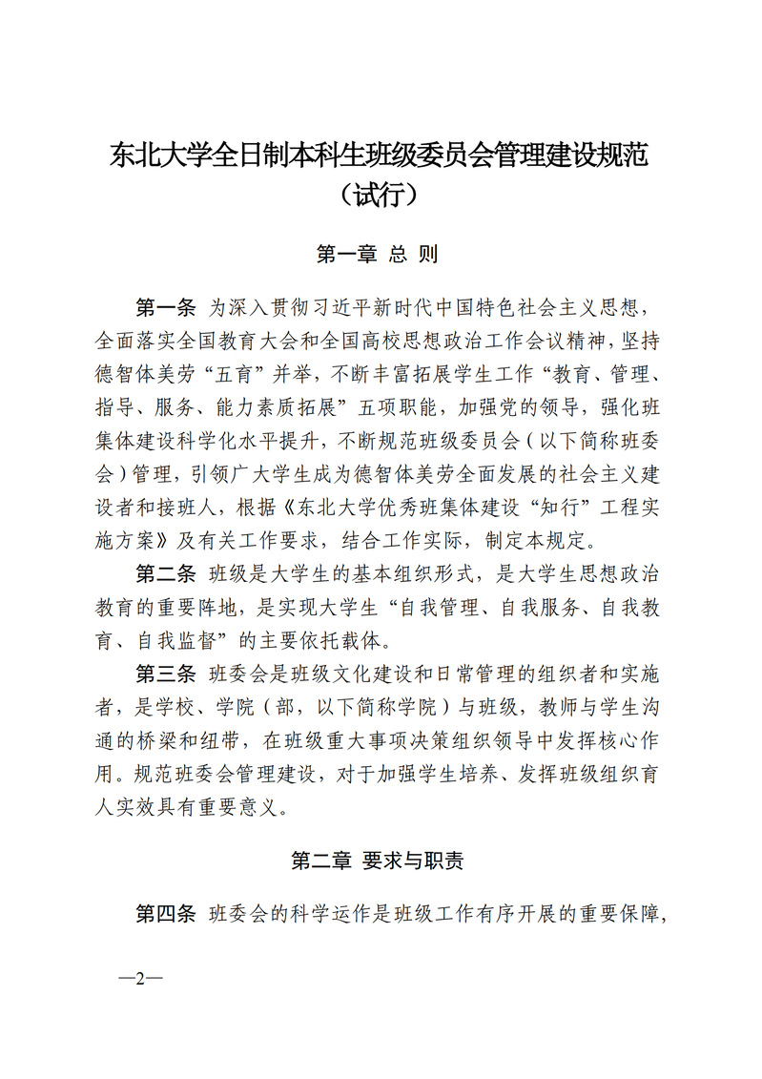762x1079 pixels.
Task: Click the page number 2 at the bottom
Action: pyautogui.click(x=139, y=979)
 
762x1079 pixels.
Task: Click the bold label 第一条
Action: pyautogui.click(x=165, y=307)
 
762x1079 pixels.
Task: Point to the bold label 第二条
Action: pyautogui.click(x=165, y=573)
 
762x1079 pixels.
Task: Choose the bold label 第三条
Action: pyautogui.click(x=165, y=674)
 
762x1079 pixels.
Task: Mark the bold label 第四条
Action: pyautogui.click(x=165, y=913)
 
